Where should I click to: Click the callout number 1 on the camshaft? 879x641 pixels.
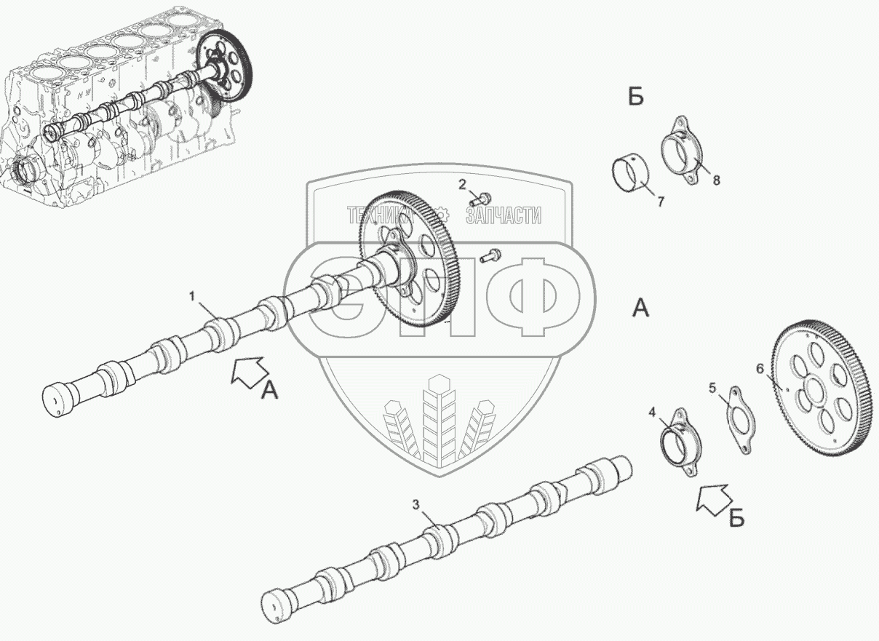coord(192,295)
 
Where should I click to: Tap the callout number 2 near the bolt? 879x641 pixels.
coord(461,184)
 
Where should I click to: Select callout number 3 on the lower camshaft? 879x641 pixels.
coord(415,503)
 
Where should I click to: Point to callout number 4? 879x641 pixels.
coord(653,413)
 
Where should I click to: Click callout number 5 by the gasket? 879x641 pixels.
coord(713,387)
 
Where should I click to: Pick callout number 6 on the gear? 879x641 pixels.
coord(760,369)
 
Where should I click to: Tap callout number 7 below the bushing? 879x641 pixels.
coord(661,202)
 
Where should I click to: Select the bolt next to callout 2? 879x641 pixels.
coord(481,196)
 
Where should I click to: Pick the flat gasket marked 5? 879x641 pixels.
coord(736,419)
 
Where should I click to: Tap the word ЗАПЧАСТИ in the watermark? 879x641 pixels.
coord(503,215)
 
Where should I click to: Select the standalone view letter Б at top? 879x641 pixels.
coord(636,97)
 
